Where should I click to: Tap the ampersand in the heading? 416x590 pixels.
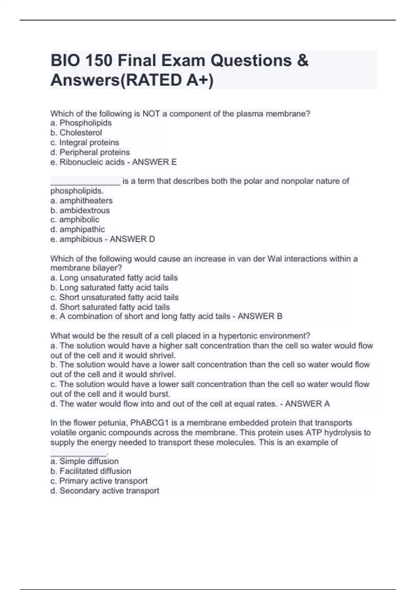point(302,61)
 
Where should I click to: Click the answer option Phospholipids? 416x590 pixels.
point(85,123)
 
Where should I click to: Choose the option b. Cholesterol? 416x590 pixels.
point(76,133)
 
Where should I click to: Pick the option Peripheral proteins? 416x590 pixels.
point(94,152)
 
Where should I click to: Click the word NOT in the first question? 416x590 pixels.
point(151,113)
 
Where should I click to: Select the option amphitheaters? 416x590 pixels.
point(86,201)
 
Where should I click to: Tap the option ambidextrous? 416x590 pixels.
point(84,210)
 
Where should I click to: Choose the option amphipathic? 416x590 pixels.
point(82,229)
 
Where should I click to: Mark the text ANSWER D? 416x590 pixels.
point(132,239)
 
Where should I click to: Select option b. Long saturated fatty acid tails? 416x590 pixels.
point(110,287)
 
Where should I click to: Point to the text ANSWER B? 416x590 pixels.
point(260,316)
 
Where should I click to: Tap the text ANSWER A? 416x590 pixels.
point(307,404)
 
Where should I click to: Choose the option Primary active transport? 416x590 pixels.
point(103,481)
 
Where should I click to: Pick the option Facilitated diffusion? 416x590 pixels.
point(95,471)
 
